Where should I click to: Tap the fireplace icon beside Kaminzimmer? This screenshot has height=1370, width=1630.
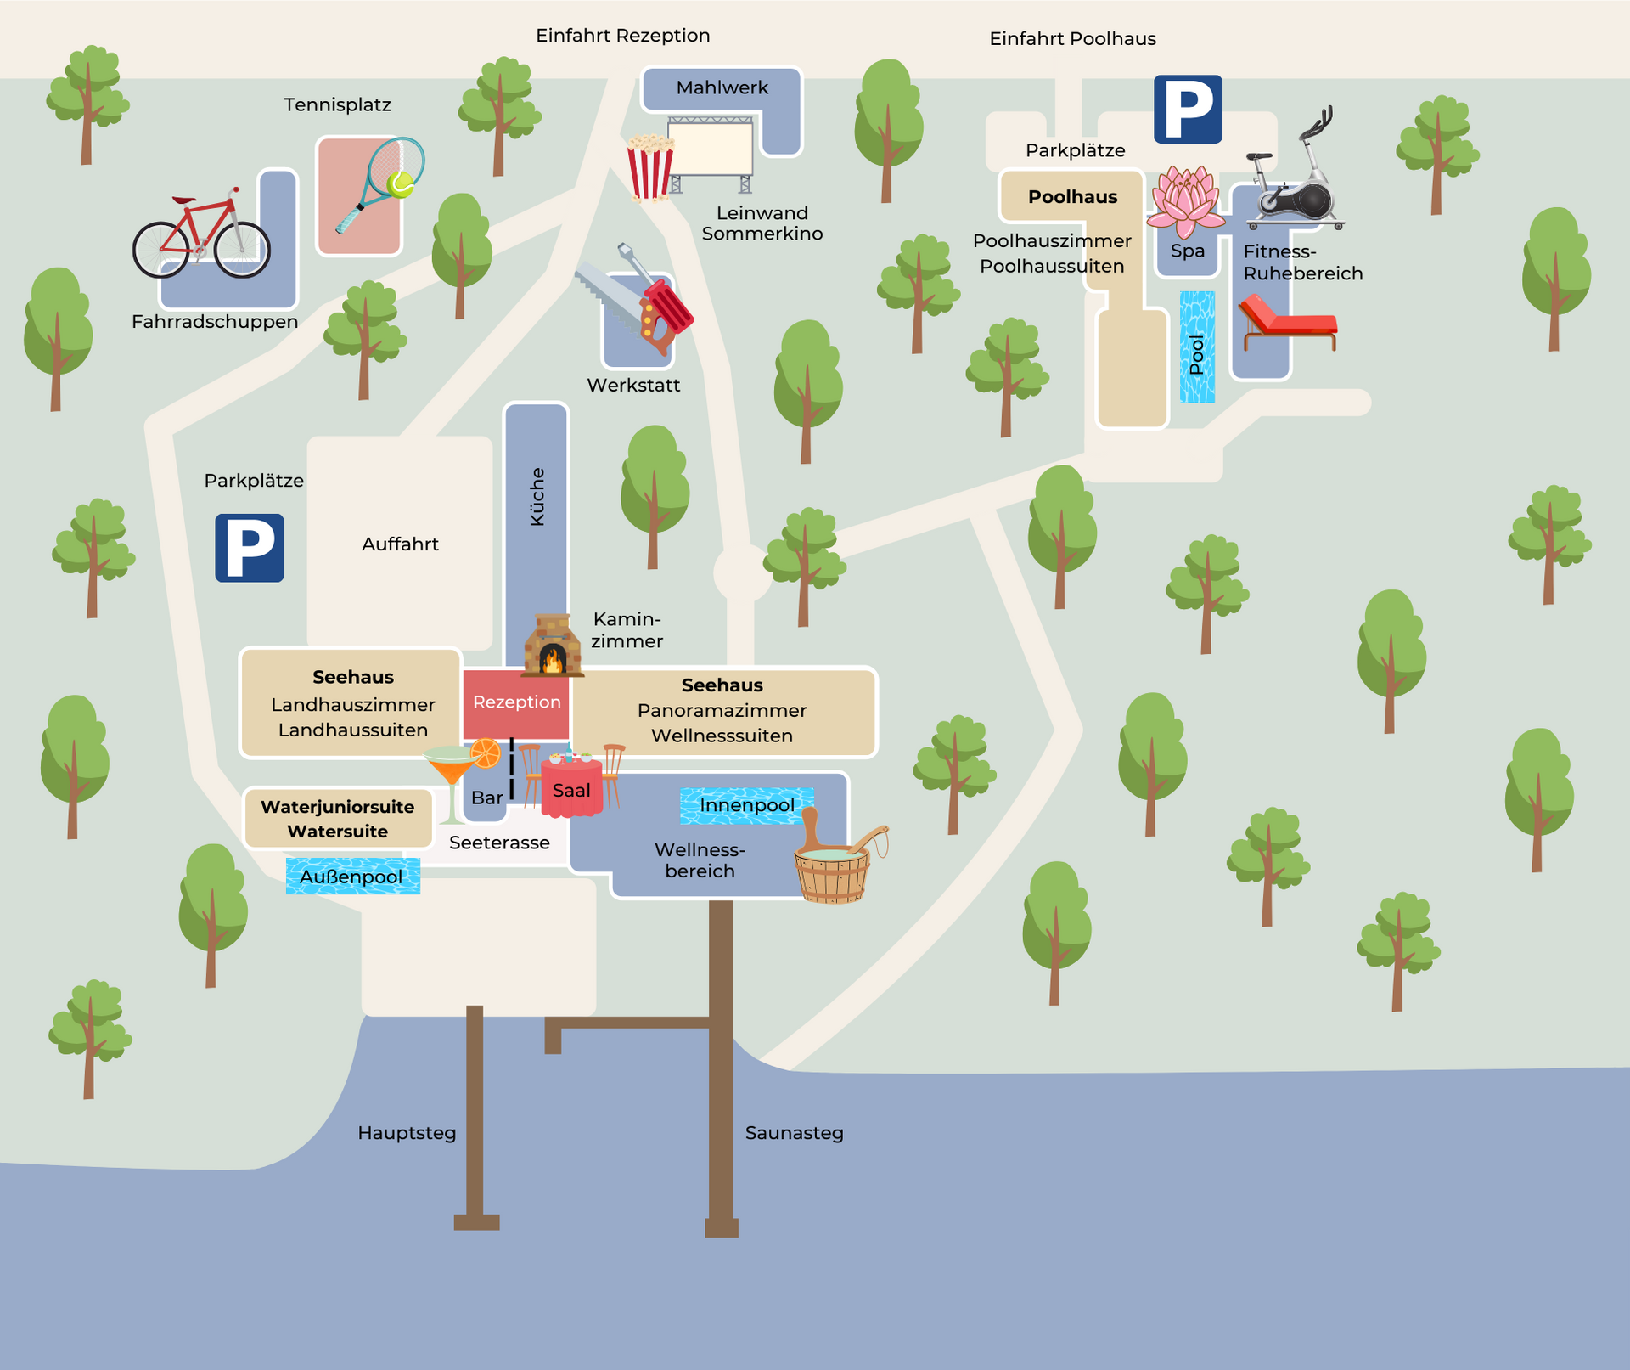[x=552, y=646]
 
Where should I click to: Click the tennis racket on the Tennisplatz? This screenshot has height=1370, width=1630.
[x=382, y=182]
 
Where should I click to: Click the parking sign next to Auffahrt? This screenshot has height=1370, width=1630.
[x=249, y=548]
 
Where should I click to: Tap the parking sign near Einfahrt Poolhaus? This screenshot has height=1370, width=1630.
[x=1188, y=109]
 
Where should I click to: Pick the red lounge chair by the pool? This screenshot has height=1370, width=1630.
[x=1287, y=323]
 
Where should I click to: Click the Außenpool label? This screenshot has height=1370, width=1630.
[x=351, y=877]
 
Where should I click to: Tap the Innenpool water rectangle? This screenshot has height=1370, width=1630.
[x=746, y=805]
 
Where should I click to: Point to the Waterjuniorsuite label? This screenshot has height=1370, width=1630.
[x=337, y=807]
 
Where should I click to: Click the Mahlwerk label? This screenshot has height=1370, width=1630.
[x=722, y=87]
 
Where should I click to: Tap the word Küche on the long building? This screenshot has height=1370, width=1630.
[x=537, y=496]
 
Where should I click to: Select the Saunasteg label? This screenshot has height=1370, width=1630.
[x=794, y=1133]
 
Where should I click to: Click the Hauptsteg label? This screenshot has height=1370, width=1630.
[x=407, y=1133]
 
